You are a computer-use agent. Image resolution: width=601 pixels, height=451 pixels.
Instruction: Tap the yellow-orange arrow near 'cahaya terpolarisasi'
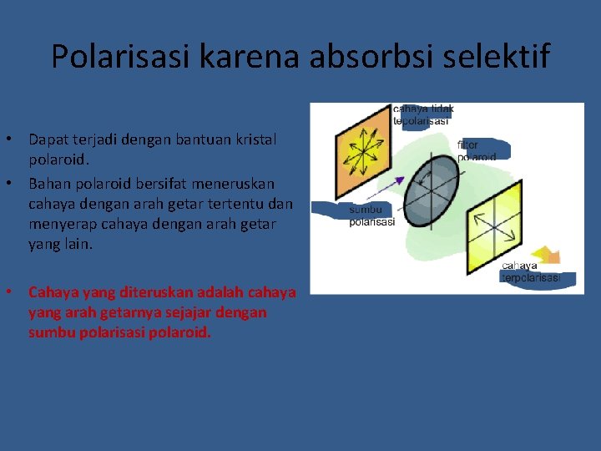[546, 256]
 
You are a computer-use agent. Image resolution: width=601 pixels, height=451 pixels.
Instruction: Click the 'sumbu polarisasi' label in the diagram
[371, 215]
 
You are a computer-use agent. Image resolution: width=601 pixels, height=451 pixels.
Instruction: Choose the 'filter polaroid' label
[477, 150]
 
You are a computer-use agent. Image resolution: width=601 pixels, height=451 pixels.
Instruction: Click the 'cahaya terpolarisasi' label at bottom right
[531, 272]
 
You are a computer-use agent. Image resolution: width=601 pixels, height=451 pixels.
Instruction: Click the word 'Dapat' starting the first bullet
[48, 139]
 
